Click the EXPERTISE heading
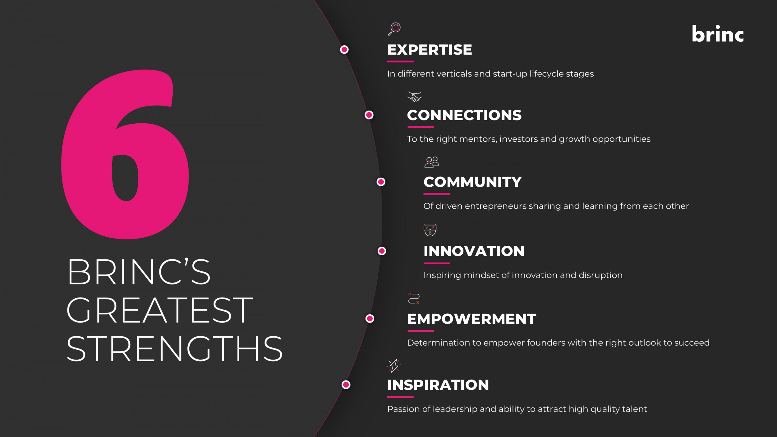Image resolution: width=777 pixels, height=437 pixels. pyautogui.click(x=430, y=50)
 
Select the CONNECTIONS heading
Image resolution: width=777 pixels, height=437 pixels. pyautogui.click(x=464, y=115)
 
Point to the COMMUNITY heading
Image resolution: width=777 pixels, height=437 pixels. pyautogui.click(x=472, y=182)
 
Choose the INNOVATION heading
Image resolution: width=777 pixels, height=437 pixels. pyautogui.click(x=474, y=251)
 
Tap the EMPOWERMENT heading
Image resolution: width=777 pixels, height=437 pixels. pyautogui.click(x=472, y=319)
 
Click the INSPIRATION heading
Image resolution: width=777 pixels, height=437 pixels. pyautogui.click(x=438, y=385)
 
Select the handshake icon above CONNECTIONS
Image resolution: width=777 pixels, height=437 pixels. pyautogui.click(x=415, y=97)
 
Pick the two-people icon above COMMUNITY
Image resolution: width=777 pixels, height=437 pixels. pyautogui.click(x=432, y=162)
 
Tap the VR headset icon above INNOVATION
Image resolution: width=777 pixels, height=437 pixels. pyautogui.click(x=430, y=230)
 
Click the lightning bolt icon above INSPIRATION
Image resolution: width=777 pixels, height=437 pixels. pyautogui.click(x=394, y=366)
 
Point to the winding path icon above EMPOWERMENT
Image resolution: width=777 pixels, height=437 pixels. pyautogui.click(x=414, y=298)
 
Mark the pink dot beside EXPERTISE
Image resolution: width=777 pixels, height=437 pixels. pyautogui.click(x=344, y=50)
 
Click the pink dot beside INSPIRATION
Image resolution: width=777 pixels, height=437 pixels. pyautogui.click(x=346, y=385)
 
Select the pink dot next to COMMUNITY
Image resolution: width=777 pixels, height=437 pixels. pyautogui.click(x=381, y=182)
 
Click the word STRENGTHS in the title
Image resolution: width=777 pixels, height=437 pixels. pyautogui.click(x=175, y=349)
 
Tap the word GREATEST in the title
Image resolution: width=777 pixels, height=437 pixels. pyautogui.click(x=160, y=310)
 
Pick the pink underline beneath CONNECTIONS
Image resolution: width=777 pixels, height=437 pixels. pyautogui.click(x=421, y=127)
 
